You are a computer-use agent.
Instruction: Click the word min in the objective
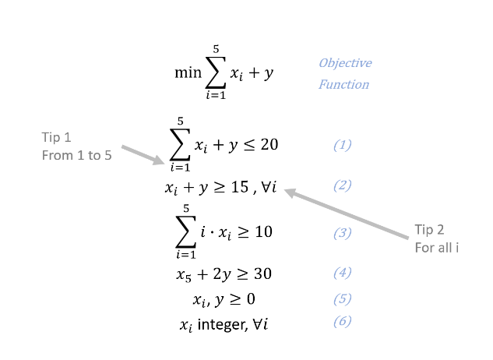pyautogui.click(x=188, y=73)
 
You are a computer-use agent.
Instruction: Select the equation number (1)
pyautogui.click(x=342, y=145)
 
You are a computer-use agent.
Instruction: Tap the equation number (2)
pyautogui.click(x=342, y=185)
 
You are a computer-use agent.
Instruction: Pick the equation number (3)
pyautogui.click(x=342, y=232)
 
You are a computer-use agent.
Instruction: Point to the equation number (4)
pyautogui.click(x=342, y=273)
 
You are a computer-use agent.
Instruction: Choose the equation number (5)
pyautogui.click(x=342, y=298)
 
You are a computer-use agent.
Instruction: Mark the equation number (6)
pyautogui.click(x=342, y=321)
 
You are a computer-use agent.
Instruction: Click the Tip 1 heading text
pyautogui.click(x=57, y=137)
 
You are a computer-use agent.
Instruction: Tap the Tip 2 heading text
pyautogui.click(x=429, y=230)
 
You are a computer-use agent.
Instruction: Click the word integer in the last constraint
pyautogui.click(x=221, y=323)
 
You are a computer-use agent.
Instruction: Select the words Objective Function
pyautogui.click(x=344, y=73)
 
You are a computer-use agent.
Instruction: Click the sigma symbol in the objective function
pyautogui.click(x=216, y=73)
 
